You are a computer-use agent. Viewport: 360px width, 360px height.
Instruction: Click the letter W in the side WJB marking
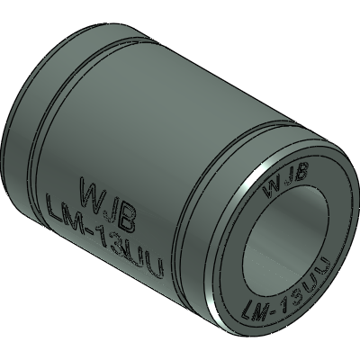point(91,191)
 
